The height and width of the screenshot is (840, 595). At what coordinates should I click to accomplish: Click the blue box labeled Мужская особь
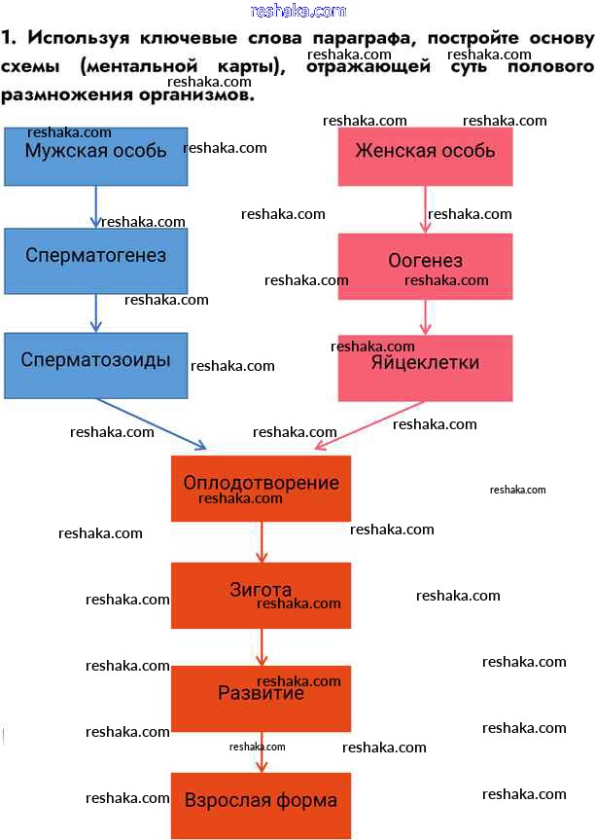[95, 156]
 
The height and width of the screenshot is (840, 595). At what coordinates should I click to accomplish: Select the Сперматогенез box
[95, 260]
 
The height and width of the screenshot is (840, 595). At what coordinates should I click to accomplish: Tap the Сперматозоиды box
[95, 364]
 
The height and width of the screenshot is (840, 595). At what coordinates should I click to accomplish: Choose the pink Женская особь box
[425, 156]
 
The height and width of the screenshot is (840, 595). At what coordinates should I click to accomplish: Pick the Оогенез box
[425, 266]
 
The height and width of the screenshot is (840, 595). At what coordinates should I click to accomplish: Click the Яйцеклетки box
[425, 367]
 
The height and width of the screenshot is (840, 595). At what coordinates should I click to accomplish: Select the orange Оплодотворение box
[261, 488]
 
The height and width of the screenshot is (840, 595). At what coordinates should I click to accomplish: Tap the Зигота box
[261, 595]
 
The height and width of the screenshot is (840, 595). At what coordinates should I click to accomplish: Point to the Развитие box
[261, 698]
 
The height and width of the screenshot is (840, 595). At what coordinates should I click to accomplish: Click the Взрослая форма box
[261, 804]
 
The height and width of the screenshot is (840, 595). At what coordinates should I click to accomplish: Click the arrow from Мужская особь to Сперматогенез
[95, 206]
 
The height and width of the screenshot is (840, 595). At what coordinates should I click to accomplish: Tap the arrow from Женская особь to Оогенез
[425, 208]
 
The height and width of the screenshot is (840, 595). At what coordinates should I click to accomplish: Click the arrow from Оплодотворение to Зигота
[261, 541]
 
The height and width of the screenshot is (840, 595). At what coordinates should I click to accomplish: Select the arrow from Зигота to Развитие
[261, 646]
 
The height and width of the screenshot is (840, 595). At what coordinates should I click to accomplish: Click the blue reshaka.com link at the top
[297, 11]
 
